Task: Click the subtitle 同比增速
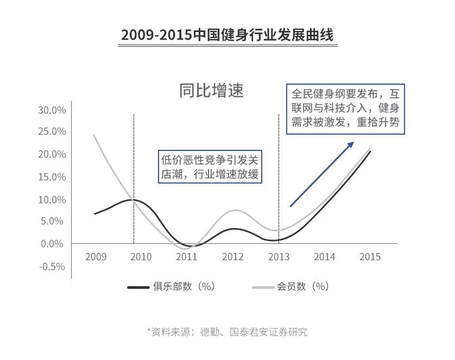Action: point(211,91)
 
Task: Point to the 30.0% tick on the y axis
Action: point(52,110)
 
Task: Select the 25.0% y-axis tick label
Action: point(52,132)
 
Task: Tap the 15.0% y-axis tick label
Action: point(52,177)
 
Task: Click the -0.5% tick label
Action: point(52,267)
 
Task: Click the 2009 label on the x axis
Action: point(96,257)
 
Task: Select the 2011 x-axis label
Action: point(187,257)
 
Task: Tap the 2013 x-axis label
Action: point(279,257)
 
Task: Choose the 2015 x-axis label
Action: point(370,257)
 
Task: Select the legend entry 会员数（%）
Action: point(291,287)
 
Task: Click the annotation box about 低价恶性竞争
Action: point(210,167)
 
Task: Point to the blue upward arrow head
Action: point(351,144)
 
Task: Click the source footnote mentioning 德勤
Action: point(227,332)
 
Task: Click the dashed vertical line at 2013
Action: point(279,179)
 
